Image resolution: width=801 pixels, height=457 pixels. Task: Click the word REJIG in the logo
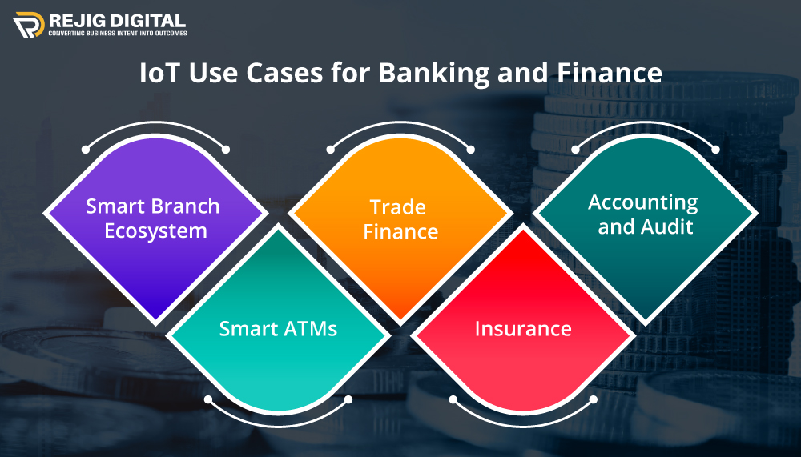(77, 20)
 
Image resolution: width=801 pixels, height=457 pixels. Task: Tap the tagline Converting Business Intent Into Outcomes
(118, 34)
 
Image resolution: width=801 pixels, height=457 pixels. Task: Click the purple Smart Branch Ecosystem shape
(153, 240)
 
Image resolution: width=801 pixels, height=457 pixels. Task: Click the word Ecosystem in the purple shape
(154, 231)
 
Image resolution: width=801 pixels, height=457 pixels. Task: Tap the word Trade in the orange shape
(397, 206)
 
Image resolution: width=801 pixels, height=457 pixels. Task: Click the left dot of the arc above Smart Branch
(85, 150)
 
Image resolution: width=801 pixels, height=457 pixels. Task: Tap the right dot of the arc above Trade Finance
(471, 150)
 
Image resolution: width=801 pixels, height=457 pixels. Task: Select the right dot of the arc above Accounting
(716, 150)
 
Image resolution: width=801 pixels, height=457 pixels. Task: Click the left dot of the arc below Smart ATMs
(208, 399)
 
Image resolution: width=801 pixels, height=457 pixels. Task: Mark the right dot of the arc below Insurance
(594, 399)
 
